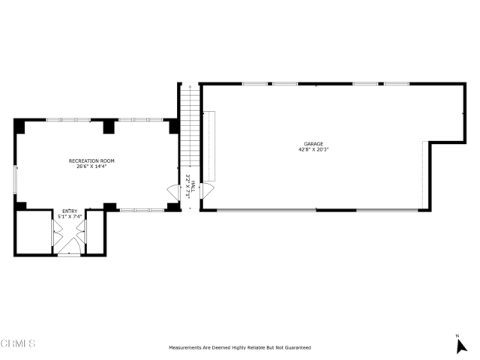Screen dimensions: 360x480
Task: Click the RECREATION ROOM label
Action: click(91, 160)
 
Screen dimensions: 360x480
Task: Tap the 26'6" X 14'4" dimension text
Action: click(91, 166)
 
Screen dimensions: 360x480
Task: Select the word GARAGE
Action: click(313, 143)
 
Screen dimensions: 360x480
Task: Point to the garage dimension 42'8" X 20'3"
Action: click(313, 149)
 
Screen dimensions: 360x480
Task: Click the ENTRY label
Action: click(69, 211)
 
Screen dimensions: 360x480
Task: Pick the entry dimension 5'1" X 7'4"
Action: click(69, 217)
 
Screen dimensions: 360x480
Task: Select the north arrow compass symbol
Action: click(461, 344)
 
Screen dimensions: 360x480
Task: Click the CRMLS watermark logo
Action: click(18, 343)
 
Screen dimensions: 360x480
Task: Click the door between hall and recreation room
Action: click(172, 193)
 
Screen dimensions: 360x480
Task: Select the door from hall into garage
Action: click(208, 192)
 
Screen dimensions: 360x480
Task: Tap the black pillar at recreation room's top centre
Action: click(109, 127)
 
